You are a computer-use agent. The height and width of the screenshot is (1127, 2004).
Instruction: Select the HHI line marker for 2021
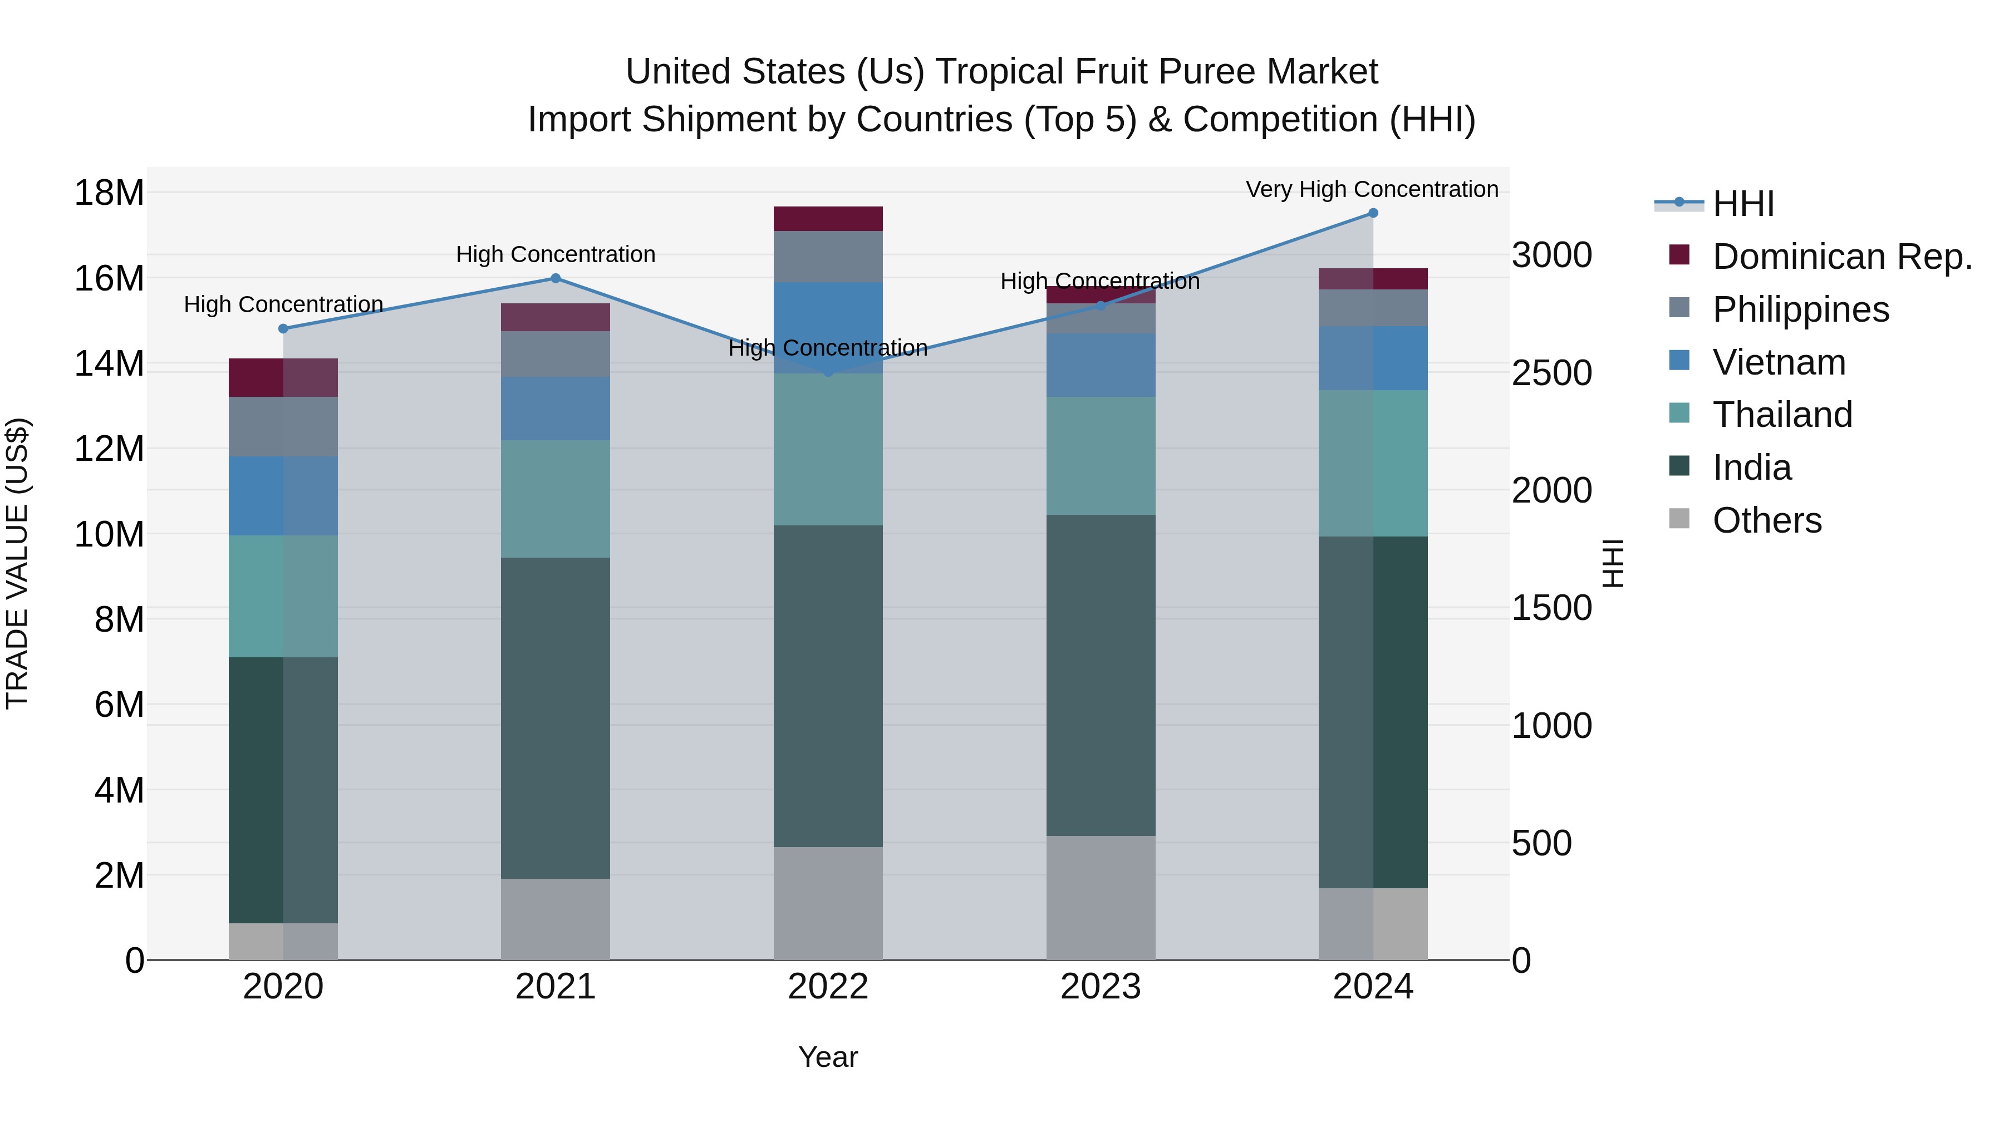pos(556,278)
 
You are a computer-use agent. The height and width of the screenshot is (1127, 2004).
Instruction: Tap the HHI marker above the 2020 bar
pos(283,329)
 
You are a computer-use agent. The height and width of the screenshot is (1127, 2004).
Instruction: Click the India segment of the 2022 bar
pos(828,686)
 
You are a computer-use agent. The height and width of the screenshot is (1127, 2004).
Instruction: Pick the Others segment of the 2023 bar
pos(1100,898)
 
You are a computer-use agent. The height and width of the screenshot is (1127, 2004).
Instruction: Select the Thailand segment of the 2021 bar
pos(556,499)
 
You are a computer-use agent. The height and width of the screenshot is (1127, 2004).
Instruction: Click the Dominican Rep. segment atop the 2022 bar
pos(828,219)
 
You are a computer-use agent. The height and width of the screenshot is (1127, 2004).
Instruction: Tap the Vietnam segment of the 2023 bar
pos(1100,366)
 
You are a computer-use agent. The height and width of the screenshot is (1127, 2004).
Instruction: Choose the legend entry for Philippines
pos(1800,309)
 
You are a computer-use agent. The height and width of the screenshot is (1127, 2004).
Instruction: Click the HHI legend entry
pos(1742,204)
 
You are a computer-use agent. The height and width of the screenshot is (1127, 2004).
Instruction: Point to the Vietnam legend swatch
pos(1679,361)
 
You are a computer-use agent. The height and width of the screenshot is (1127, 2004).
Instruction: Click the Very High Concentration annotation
pos(1372,189)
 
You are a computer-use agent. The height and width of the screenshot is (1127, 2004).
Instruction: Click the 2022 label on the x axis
pos(828,987)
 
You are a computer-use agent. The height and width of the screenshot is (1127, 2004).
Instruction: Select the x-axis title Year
pos(828,1057)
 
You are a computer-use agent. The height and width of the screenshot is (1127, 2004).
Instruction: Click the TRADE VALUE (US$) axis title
pos(17,563)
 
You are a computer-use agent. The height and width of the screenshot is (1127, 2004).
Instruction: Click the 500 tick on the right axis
pos(1541,843)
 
